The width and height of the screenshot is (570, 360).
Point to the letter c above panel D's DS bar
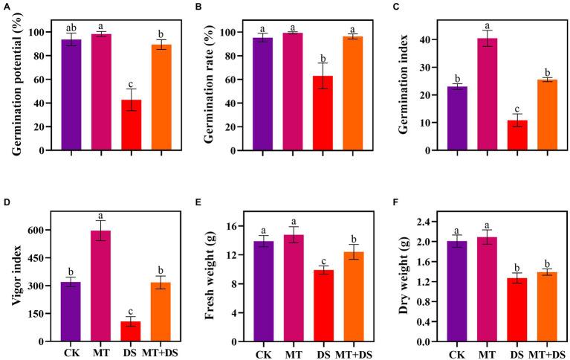[x=131, y=309]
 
